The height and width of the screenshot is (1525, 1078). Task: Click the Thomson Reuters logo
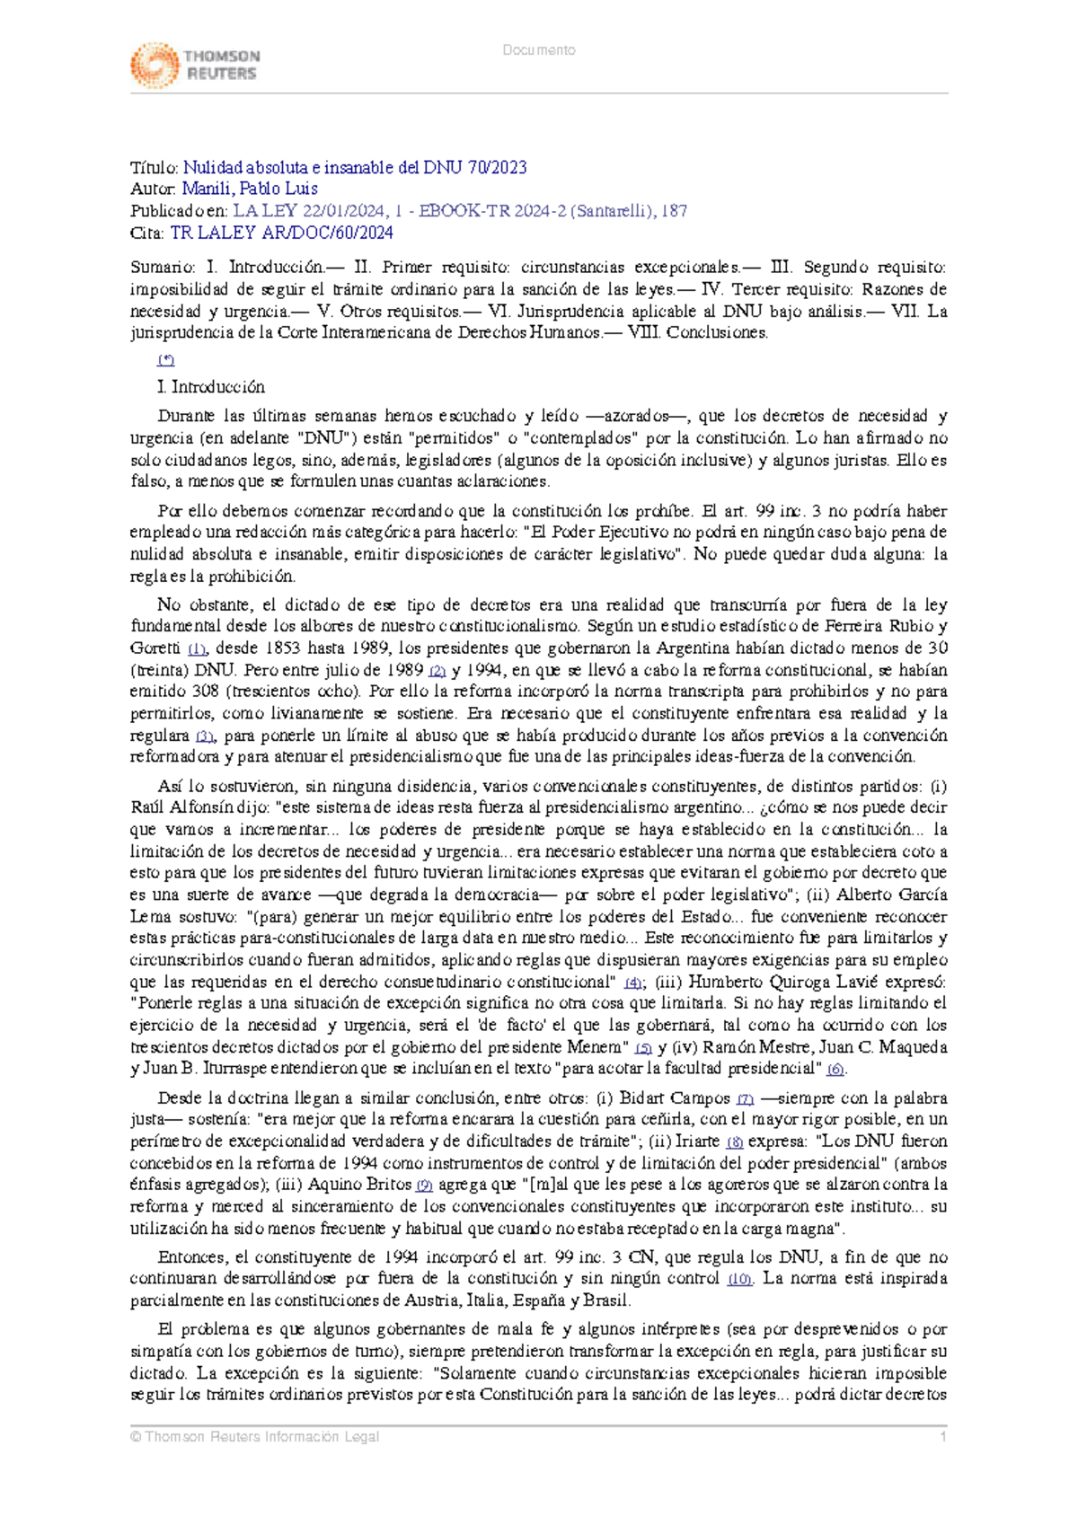click(x=195, y=65)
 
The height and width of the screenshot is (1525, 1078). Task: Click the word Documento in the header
click(x=539, y=50)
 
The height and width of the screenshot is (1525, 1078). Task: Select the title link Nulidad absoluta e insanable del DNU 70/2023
click(x=355, y=167)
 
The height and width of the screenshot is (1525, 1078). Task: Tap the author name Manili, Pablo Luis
click(x=249, y=189)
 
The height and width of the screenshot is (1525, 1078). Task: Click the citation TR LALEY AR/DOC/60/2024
click(x=281, y=233)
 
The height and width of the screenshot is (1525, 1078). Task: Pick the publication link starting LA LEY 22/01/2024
click(x=459, y=211)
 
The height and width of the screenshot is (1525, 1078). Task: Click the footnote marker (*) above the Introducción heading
click(x=165, y=360)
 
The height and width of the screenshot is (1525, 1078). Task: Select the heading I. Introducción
click(x=210, y=387)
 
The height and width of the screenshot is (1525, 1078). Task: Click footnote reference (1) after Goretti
click(x=198, y=648)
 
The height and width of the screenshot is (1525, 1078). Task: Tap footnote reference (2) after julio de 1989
click(x=437, y=671)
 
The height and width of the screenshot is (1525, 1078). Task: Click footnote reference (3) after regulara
click(x=206, y=736)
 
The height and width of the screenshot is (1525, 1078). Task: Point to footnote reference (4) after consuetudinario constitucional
click(x=632, y=983)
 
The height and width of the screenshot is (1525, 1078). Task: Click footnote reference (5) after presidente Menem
click(x=642, y=1048)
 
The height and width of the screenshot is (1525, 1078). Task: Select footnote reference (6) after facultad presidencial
click(x=835, y=1070)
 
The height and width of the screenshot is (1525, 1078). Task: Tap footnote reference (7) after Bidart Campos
click(x=745, y=1098)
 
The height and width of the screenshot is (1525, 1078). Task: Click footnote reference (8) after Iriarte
click(x=734, y=1142)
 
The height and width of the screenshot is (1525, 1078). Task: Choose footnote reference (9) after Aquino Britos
click(x=423, y=1186)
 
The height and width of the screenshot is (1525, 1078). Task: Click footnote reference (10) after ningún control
click(x=739, y=1279)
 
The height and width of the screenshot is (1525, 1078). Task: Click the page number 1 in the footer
click(x=943, y=1437)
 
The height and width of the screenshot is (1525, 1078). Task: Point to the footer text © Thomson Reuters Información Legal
click(x=254, y=1437)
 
